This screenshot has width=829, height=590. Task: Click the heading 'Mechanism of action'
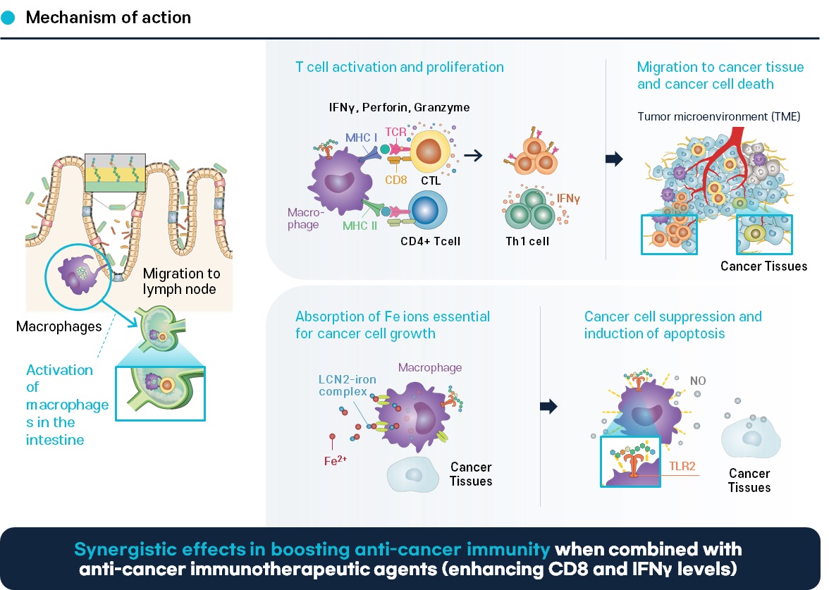point(109,18)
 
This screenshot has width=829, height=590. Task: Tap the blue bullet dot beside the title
point(8,18)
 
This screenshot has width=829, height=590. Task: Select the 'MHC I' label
point(361,137)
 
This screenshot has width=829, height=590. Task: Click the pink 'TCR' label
point(395,132)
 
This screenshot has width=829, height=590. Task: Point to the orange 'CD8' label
point(396,180)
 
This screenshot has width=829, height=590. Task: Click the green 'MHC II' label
point(360,226)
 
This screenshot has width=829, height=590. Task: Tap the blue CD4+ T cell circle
point(427,210)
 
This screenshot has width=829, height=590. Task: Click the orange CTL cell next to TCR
point(429,151)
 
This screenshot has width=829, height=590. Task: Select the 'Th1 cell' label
point(527,242)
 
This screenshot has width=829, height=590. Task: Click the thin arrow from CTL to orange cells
point(473,155)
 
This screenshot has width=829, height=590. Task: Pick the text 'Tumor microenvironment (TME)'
point(718,116)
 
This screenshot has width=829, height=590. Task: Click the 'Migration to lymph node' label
point(181,281)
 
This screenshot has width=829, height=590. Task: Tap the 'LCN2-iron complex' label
point(348,386)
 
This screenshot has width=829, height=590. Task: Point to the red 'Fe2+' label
point(336,460)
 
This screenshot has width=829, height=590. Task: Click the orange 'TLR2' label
point(682,467)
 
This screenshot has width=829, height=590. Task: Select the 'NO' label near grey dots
point(698,381)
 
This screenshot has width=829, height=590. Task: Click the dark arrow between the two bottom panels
point(548,407)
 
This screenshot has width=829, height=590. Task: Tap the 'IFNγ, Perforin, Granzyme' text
point(399,107)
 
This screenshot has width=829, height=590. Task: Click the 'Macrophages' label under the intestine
point(59,327)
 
